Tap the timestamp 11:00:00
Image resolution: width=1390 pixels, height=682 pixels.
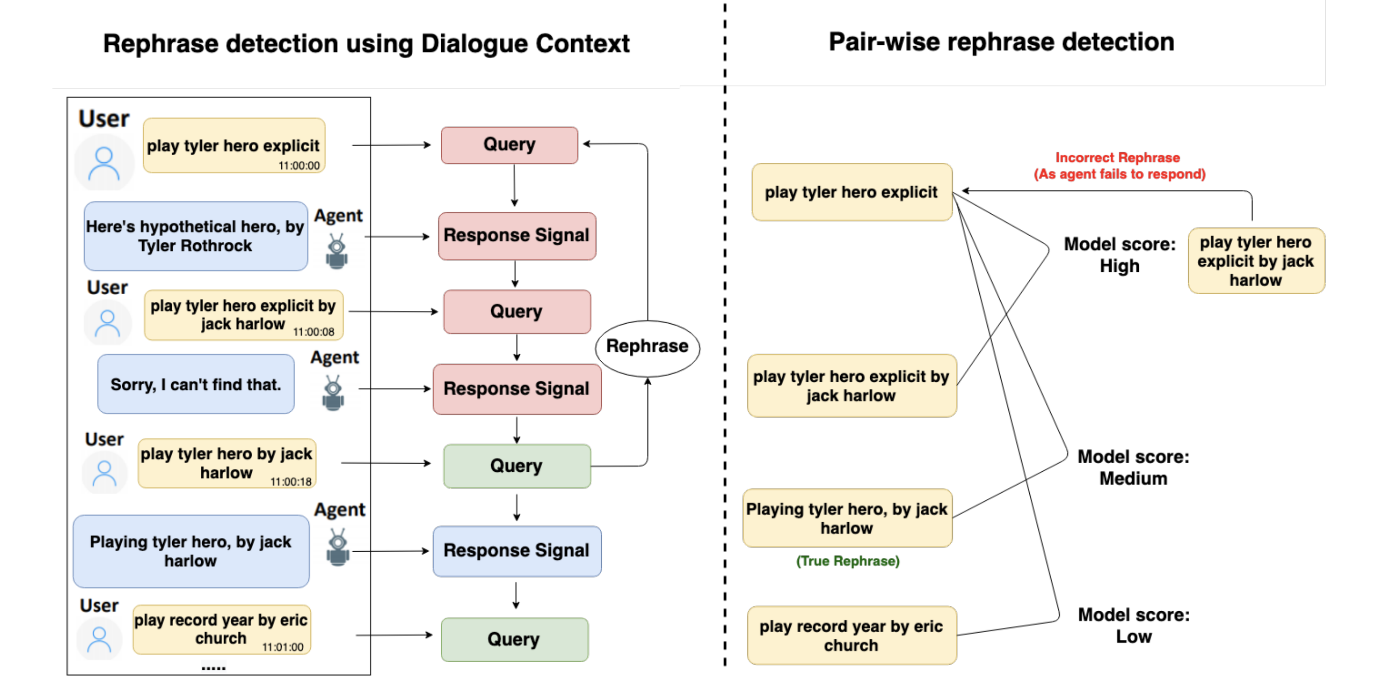(x=299, y=165)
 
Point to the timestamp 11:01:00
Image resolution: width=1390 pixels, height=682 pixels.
(x=283, y=647)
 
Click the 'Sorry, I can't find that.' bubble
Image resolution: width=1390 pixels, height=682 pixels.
(x=196, y=384)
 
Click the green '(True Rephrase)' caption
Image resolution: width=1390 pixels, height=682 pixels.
(x=848, y=561)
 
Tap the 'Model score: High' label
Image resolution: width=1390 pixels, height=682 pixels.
(x=1119, y=255)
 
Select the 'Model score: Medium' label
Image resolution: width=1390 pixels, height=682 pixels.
(x=1133, y=467)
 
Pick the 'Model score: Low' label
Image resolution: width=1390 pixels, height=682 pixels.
(x=1134, y=626)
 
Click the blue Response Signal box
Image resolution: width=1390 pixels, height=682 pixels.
(x=516, y=551)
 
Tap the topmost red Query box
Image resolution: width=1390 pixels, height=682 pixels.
(x=510, y=145)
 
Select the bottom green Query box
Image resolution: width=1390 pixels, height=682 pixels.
(x=514, y=639)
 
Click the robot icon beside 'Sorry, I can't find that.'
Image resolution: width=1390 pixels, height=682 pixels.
(x=333, y=393)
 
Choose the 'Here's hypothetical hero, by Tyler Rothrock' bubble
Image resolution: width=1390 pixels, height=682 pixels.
(x=196, y=236)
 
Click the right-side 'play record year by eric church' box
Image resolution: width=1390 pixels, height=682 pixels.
(x=851, y=636)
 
